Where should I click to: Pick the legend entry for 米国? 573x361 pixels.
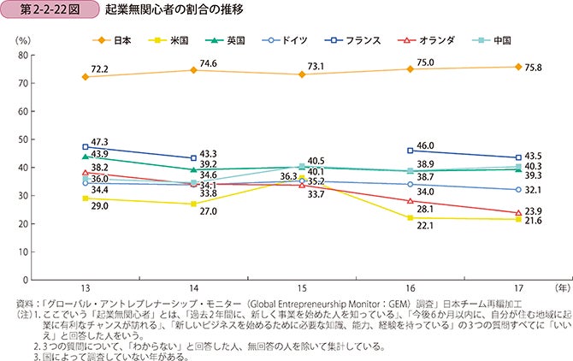[x=169, y=39]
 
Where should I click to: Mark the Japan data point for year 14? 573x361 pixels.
[x=193, y=70]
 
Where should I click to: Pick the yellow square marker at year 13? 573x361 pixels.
[x=85, y=198]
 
